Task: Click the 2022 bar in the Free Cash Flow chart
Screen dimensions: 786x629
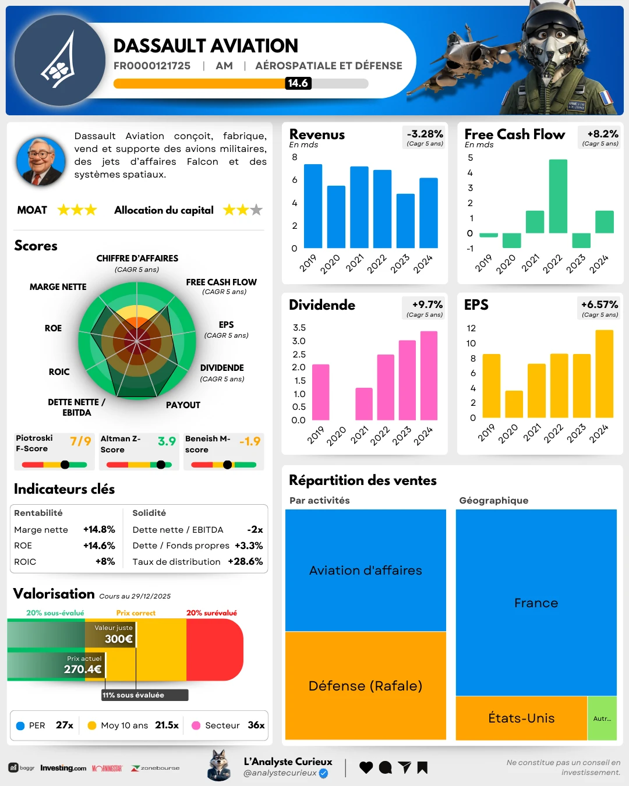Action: click(x=558, y=196)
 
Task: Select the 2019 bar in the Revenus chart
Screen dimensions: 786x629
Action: click(x=313, y=206)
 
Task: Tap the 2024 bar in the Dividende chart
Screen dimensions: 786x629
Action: click(x=429, y=376)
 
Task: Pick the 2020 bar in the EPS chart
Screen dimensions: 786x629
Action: click(x=514, y=404)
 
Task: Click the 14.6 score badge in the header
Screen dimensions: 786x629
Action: click(x=298, y=83)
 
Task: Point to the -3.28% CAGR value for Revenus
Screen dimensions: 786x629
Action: click(x=425, y=134)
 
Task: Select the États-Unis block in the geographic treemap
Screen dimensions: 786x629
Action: click(x=521, y=718)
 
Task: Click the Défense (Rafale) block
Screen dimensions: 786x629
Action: click(x=365, y=686)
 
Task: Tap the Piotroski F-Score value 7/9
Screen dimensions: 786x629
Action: click(x=80, y=441)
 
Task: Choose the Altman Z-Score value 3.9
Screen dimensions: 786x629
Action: click(x=167, y=441)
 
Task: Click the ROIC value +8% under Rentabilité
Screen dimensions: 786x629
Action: click(x=105, y=562)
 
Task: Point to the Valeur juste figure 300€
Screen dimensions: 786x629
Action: click(x=119, y=639)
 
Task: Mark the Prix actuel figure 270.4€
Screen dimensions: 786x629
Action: click(x=83, y=669)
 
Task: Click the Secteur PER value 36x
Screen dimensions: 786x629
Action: click(x=256, y=725)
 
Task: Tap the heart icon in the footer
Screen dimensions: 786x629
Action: click(x=366, y=767)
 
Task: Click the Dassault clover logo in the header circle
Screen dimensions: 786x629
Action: click(x=59, y=61)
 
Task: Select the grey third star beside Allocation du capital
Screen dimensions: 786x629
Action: click(x=256, y=210)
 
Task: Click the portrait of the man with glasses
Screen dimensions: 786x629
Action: click(x=41, y=161)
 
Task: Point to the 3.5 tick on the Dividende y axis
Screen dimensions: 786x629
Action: click(x=299, y=328)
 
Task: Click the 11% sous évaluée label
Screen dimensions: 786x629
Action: click(x=133, y=695)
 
